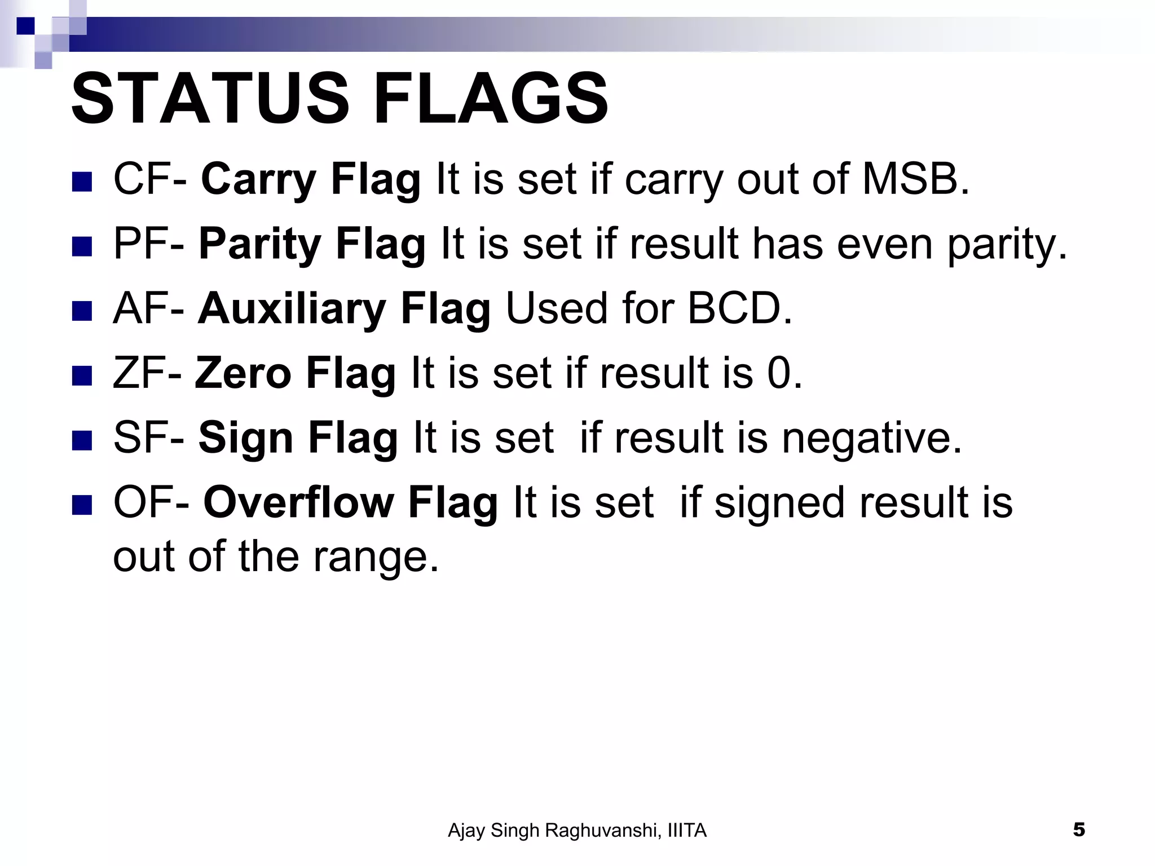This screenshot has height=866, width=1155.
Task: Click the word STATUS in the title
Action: coord(210,99)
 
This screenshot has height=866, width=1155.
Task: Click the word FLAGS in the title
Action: coord(491,99)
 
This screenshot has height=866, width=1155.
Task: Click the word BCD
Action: coord(739,309)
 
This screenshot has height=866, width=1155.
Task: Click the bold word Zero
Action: coord(243,373)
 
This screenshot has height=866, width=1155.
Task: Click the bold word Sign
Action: coord(245,439)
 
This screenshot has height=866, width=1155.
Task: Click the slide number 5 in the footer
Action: coord(1078,830)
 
